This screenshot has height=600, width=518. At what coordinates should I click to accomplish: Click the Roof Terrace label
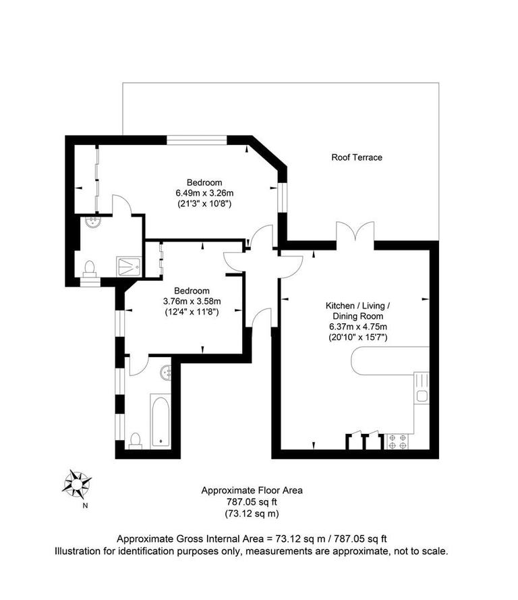356,157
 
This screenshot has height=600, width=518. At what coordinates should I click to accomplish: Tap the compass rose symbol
78,483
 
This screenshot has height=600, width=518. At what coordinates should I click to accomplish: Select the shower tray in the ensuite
128,265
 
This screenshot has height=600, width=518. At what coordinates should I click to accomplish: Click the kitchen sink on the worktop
422,396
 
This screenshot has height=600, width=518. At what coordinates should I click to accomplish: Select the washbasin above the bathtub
167,370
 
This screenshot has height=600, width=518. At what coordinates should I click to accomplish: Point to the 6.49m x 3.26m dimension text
204,193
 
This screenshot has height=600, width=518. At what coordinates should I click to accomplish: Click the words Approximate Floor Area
252,491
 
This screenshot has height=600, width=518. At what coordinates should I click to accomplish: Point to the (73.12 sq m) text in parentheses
252,514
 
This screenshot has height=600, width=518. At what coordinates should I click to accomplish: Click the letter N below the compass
84,505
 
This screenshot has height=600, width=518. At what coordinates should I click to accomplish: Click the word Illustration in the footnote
80,551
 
